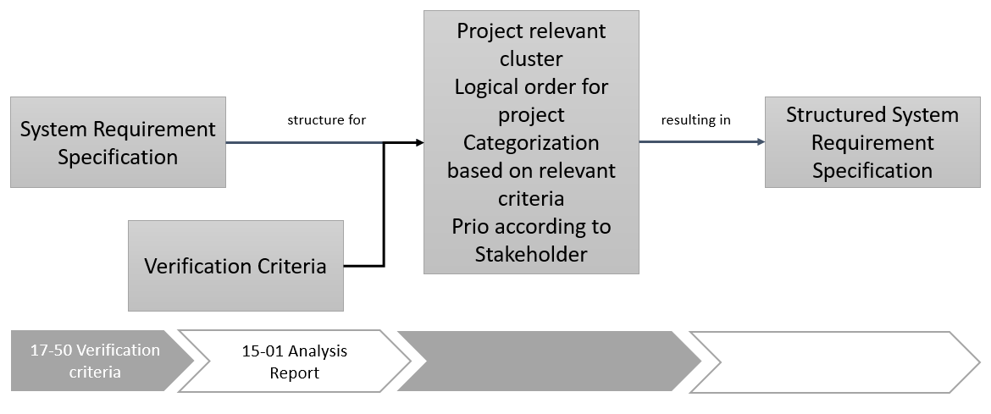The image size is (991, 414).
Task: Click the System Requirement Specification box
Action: [x=118, y=142]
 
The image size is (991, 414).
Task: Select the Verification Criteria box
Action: [x=235, y=266]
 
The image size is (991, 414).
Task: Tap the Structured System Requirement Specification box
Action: [x=872, y=142]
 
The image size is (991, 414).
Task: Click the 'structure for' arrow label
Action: [x=326, y=120]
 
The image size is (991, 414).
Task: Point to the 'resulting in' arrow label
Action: [x=695, y=120]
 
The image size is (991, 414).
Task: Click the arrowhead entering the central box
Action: [x=418, y=142]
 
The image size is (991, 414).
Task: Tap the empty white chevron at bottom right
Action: [x=830, y=362]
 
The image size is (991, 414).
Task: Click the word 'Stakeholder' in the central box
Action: [x=531, y=254]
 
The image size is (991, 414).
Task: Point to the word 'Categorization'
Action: [x=531, y=142]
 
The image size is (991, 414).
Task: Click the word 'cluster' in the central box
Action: [x=531, y=59]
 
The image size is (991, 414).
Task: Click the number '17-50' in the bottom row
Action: [x=49, y=351]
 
